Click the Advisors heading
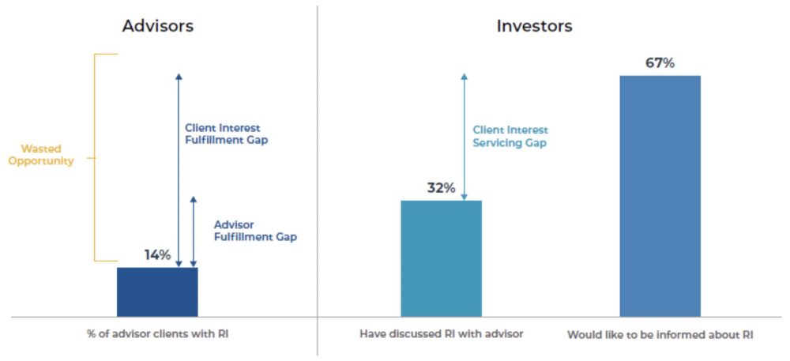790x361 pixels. (x=158, y=26)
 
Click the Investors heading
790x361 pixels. (x=535, y=26)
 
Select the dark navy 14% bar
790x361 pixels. (x=158, y=292)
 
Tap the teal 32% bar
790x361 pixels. (x=442, y=259)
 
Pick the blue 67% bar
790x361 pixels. (x=660, y=197)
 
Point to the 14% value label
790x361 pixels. (x=158, y=255)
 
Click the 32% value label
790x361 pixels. (x=442, y=188)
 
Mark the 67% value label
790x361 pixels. (x=660, y=64)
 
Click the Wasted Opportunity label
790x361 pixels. (x=41, y=155)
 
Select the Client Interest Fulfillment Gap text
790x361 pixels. (x=226, y=134)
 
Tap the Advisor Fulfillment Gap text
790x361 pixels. (x=255, y=231)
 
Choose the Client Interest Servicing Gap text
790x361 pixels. (x=510, y=137)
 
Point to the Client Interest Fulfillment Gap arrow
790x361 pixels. (x=179, y=170)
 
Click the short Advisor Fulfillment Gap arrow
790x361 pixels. (x=193, y=231)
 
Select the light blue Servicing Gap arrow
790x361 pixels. (x=464, y=137)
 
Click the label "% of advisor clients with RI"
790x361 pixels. (x=158, y=334)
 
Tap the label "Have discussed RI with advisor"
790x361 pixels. (x=442, y=334)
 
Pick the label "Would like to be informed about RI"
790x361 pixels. (x=660, y=335)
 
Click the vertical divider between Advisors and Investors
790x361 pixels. (x=318, y=180)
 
